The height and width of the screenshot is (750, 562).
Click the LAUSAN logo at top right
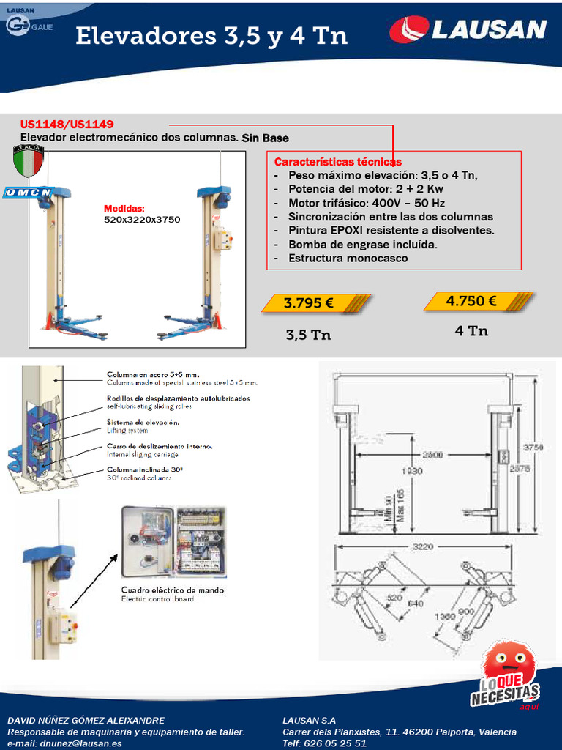[x=468, y=30]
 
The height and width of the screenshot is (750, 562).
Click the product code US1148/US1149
[x=67, y=125]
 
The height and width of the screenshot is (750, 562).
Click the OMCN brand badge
[x=29, y=192]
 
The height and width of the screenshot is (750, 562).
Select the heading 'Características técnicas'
[x=337, y=161]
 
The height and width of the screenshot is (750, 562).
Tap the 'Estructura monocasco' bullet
[x=348, y=258]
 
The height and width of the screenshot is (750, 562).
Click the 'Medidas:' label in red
[x=124, y=209]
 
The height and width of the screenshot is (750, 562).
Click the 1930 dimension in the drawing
[x=412, y=471]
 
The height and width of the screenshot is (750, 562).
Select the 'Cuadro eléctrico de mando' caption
[x=172, y=590]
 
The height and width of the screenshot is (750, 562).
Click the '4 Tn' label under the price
[x=471, y=331]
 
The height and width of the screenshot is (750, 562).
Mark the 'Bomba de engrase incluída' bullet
[x=362, y=244]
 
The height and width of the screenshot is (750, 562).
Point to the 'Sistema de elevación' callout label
[x=143, y=423]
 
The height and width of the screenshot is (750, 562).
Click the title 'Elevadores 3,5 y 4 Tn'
[x=211, y=37]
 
